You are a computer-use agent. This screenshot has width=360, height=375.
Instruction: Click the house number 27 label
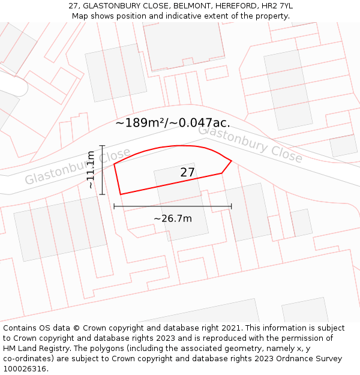188,173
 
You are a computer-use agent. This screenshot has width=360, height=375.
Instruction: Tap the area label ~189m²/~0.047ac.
172,123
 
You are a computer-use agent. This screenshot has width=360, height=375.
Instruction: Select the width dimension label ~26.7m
173,218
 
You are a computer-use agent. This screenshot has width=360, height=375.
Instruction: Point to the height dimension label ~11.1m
91,170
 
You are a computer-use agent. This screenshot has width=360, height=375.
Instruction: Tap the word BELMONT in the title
186,6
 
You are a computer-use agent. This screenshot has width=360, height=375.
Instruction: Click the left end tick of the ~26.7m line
114,206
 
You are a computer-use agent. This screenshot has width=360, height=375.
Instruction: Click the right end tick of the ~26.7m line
231,206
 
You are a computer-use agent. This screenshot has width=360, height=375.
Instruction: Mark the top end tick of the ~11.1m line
103,146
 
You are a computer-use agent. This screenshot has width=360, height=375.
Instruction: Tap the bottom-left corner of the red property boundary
121,194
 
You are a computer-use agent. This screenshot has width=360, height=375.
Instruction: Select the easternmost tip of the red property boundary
231,161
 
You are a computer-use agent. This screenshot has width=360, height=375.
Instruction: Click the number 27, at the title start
74,6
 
